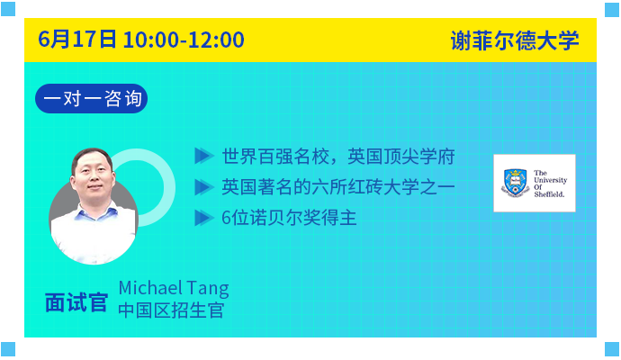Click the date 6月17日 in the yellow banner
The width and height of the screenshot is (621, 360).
point(77,40)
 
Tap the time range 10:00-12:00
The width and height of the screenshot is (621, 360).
point(184,40)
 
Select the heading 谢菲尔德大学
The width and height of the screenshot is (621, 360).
point(515,40)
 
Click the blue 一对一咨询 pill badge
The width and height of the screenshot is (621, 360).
point(92,98)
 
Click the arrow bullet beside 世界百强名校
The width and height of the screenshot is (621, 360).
point(204,156)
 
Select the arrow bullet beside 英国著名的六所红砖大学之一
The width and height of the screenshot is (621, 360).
point(204,187)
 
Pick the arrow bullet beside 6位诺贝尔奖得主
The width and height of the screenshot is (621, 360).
point(204,218)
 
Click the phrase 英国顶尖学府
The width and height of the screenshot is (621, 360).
point(401,157)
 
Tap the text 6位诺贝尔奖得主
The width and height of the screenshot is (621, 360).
point(289,218)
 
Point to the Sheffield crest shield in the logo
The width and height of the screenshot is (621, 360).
point(516,182)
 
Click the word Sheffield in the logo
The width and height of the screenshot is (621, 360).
point(549,194)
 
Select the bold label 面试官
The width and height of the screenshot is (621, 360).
point(76,303)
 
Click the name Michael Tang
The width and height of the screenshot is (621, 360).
point(174,288)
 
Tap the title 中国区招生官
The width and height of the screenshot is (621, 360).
point(171,310)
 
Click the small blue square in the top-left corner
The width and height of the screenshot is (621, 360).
point(8,9)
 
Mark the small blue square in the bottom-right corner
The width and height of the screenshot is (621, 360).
point(612,349)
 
